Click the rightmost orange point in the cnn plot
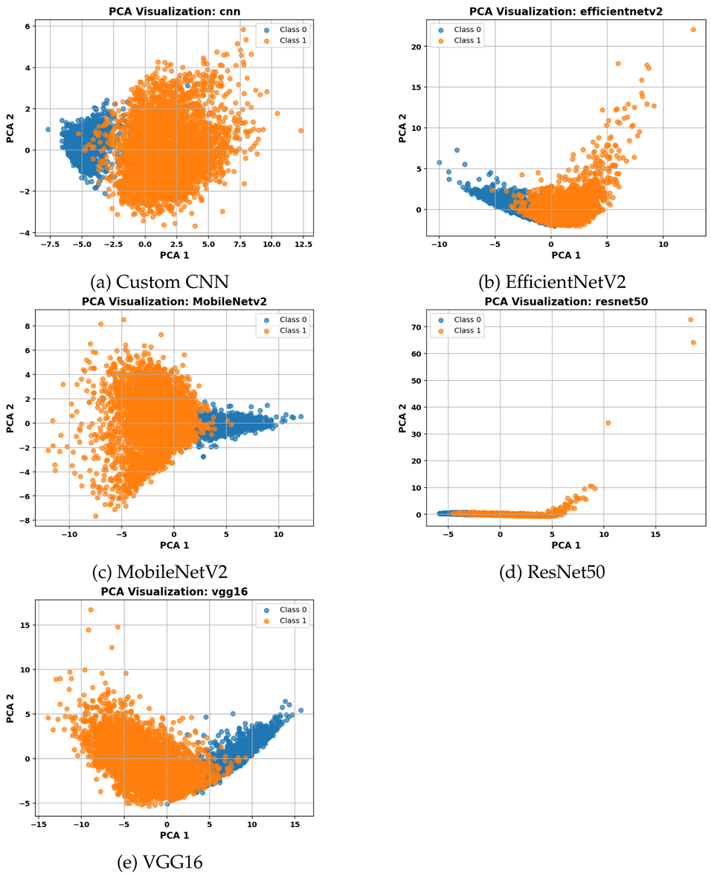(301, 130)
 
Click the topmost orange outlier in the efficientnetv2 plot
(693, 30)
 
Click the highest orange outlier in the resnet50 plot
(691, 320)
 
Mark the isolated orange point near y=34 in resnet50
(608, 422)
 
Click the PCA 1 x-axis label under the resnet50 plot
(566, 545)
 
